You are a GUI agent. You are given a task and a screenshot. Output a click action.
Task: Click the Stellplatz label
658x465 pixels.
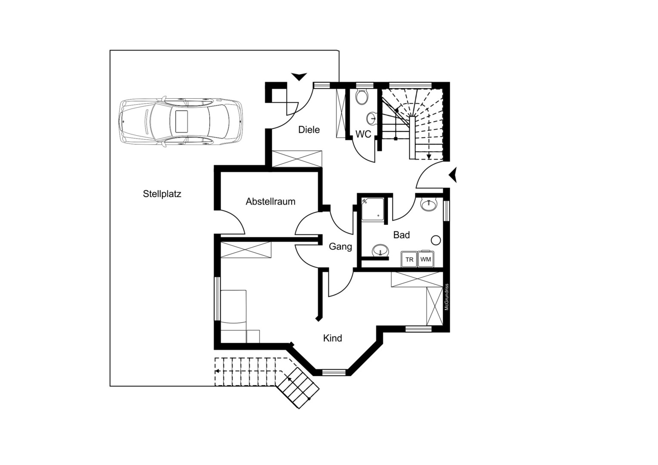pos(162,194)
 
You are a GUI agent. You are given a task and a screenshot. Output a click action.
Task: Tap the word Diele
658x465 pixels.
pos(309,130)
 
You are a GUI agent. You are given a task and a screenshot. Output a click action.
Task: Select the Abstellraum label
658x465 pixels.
pos(270,201)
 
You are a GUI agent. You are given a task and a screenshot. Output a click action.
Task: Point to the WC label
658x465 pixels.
pos(363,134)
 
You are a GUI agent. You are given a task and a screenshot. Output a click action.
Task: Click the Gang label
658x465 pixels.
pos(340,246)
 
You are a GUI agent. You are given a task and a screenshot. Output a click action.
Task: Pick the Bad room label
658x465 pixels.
pos(401,235)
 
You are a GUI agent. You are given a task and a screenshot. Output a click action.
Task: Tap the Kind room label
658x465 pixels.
pos(333,338)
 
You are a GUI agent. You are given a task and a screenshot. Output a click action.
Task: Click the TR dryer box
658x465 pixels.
pos(409,259)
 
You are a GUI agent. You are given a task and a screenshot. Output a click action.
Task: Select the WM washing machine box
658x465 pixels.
pos(426,259)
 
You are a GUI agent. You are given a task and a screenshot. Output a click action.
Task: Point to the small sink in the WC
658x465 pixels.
pos(371,118)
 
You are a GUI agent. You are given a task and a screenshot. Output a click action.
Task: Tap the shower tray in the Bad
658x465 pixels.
pos(373,209)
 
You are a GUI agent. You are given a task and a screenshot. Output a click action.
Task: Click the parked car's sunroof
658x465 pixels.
pos(182,121)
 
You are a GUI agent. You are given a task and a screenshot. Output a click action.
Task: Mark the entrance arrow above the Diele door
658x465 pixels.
pos(299,76)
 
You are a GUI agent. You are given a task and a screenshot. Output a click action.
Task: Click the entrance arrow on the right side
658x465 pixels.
pos(453,175)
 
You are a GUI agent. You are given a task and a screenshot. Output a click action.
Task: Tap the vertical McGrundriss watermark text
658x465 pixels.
pos(446,297)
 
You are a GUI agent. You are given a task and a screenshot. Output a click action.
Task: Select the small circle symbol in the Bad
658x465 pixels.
pos(436,240)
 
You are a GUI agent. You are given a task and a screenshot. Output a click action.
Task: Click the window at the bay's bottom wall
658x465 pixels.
pos(334,373)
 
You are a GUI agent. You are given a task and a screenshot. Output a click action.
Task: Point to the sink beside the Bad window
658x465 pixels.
pos(429,204)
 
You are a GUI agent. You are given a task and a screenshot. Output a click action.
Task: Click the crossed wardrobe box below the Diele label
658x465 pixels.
pos(297,159)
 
